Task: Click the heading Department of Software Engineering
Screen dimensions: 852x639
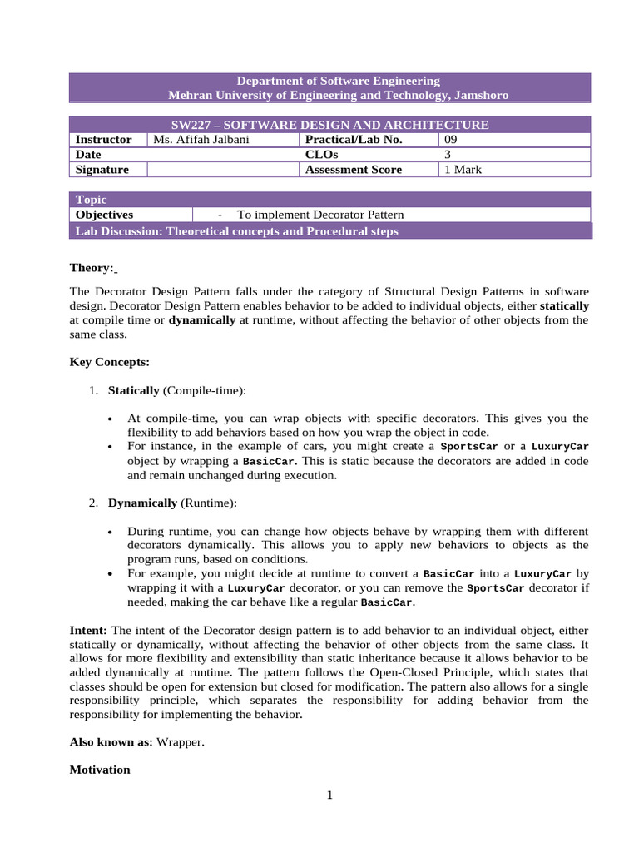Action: pos(338,81)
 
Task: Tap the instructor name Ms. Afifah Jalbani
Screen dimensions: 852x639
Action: pos(201,140)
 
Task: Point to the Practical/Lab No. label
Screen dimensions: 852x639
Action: pos(354,140)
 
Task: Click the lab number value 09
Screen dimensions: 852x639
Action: pos(451,140)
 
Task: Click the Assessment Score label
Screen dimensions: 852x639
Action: pos(354,170)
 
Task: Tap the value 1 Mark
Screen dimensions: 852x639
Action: pos(463,170)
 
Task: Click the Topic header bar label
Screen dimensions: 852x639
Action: pos(91,200)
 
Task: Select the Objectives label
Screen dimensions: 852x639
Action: pos(104,215)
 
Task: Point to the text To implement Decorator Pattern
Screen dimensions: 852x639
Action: pos(320,215)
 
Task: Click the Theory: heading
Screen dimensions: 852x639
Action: pos(92,268)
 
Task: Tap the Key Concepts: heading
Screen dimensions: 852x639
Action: pos(110,363)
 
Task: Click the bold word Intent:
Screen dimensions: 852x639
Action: pos(88,631)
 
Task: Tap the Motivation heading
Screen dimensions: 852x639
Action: pos(100,770)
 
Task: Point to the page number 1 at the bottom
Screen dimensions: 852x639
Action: pos(329,795)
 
